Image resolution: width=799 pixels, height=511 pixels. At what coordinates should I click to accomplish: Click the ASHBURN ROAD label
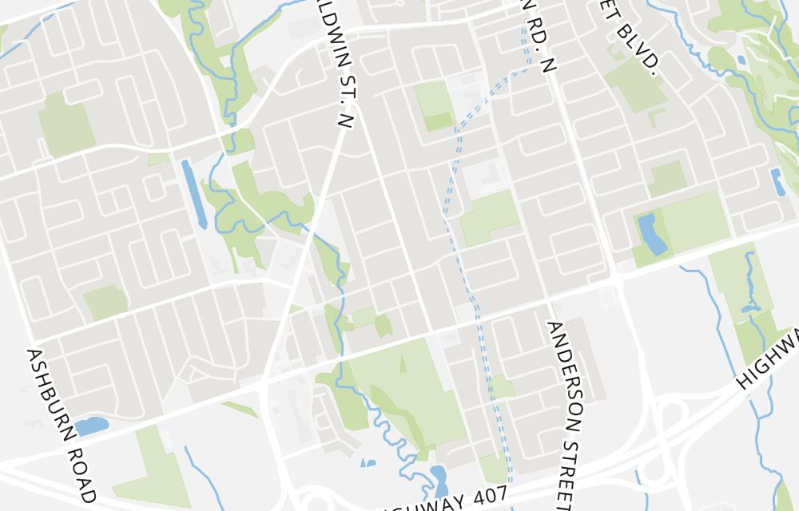pos(62,422)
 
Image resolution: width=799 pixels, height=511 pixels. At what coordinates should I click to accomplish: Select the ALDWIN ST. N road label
pos(344,64)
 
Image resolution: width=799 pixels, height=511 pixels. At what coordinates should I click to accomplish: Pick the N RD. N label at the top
pos(536,36)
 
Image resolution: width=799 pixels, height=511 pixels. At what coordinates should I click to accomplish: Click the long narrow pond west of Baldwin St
pos(193,190)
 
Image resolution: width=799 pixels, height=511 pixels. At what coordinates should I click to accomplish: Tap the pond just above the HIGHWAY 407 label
pos(439,480)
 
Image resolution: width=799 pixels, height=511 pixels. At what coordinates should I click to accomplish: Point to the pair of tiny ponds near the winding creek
pos(368,462)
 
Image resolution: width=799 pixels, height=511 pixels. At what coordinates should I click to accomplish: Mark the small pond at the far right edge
pos(777,182)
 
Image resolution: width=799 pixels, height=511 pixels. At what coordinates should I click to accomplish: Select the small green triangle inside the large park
pos(403,365)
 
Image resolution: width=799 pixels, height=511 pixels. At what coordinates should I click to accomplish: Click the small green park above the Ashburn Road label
pos(105,302)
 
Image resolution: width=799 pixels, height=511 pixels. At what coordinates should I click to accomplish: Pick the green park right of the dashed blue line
pos(489,217)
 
